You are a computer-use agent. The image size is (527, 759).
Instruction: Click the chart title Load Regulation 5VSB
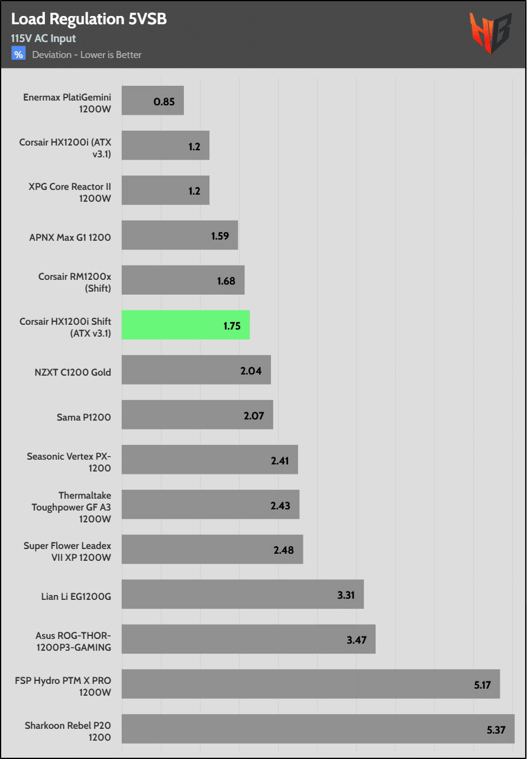(x=89, y=19)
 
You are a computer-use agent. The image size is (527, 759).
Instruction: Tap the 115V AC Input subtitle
(x=43, y=38)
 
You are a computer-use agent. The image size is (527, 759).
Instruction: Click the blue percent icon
(x=19, y=54)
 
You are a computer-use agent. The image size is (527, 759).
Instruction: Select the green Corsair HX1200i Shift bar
(x=186, y=325)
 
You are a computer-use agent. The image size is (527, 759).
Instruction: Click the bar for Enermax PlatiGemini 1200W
(x=153, y=101)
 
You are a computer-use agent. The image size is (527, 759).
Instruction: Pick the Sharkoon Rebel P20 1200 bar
(x=318, y=729)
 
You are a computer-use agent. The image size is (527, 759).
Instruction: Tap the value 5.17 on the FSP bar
(x=481, y=684)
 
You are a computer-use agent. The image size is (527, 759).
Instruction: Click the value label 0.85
(x=164, y=101)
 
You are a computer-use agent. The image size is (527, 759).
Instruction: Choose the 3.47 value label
(x=357, y=640)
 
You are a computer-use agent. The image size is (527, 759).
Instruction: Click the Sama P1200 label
(x=83, y=417)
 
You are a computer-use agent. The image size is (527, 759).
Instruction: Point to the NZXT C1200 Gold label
(x=73, y=372)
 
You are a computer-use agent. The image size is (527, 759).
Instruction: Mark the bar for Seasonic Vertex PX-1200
(x=209, y=460)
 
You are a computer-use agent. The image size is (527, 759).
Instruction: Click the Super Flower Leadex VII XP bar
(x=212, y=550)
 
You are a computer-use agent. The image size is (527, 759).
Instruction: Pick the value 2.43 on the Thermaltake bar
(x=281, y=505)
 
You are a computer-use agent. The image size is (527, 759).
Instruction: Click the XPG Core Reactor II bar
(x=166, y=190)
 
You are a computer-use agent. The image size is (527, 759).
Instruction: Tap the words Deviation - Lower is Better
(x=86, y=55)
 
